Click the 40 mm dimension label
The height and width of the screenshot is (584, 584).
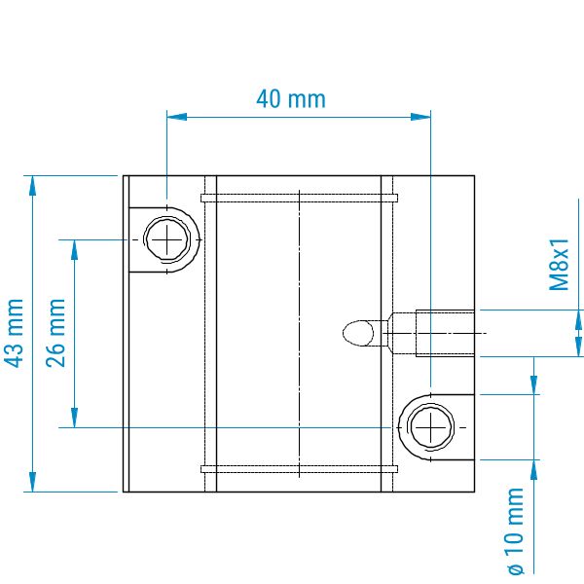click(291, 99)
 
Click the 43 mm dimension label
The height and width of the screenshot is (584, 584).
click(15, 333)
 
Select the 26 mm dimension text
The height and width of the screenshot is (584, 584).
click(55, 333)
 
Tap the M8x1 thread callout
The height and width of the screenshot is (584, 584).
click(560, 265)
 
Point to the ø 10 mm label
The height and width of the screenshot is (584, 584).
click(516, 531)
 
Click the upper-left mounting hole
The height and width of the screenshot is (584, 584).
click(166, 239)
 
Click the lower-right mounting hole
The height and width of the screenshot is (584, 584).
click(430, 427)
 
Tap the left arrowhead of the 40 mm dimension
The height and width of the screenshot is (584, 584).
click(176, 117)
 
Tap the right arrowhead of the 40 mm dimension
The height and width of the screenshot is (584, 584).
click(420, 117)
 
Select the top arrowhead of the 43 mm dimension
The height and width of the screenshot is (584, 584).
click(33, 185)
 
